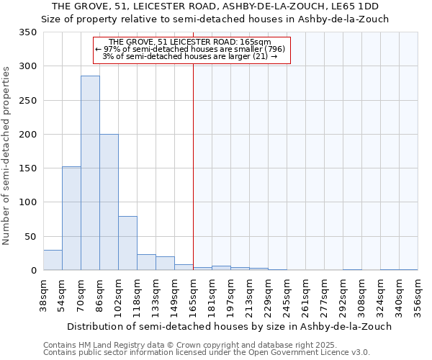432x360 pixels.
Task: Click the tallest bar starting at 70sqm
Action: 90,173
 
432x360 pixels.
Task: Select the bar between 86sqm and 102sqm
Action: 109,202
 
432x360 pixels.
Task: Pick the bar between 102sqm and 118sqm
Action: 127,243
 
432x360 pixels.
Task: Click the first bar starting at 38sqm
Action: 53,260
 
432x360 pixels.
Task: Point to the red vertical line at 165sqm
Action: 193,166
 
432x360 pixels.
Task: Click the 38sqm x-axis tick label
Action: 44,295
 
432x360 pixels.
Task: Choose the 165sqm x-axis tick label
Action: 194,295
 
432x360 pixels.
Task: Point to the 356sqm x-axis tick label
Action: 418,295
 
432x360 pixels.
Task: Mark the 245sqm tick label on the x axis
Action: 287,295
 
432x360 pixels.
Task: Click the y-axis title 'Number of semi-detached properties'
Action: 7,155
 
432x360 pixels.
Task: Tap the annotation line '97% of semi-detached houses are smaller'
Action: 191,49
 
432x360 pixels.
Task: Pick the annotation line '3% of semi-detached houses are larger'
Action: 190,56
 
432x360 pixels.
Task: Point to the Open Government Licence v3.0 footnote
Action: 207,353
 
